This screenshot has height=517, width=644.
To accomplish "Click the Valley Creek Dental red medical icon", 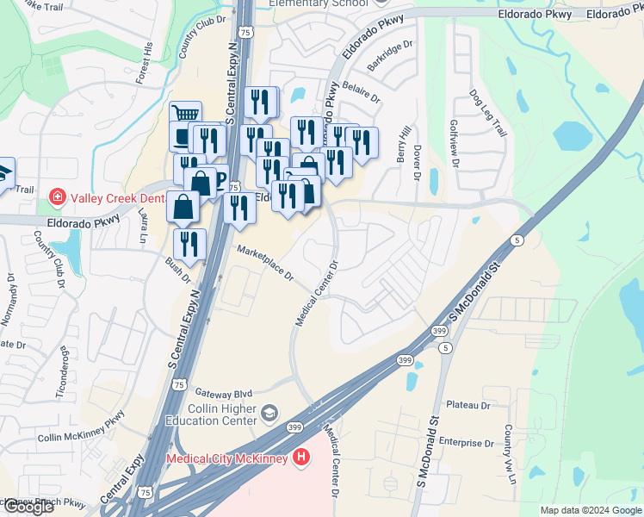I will coord(58,197).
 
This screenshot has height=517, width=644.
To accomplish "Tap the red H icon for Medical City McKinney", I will coord(300,458).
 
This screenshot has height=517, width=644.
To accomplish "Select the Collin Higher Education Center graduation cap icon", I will coord(270,414).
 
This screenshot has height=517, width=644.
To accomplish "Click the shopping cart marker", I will coord(185,115).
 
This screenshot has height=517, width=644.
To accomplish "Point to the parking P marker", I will coord(221,179).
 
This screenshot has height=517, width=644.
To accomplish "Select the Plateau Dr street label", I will coord(468,404).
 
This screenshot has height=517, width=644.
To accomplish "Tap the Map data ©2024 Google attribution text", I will coord(590,510).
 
